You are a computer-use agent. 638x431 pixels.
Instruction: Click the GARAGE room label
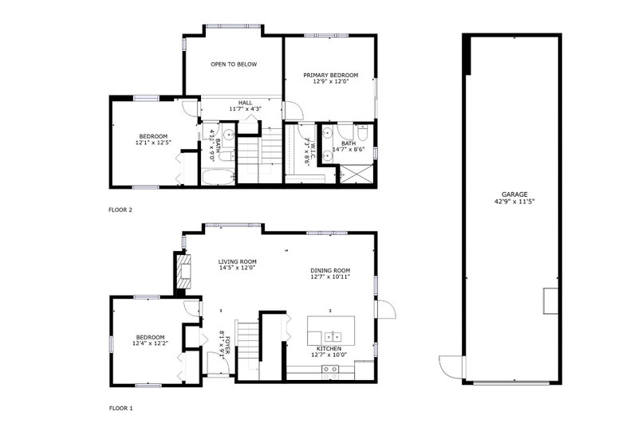click(x=514, y=194)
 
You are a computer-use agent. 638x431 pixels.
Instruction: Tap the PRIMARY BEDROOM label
click(x=331, y=75)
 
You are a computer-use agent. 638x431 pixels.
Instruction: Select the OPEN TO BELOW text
click(x=234, y=65)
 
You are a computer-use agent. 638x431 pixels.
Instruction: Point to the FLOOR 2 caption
click(x=120, y=210)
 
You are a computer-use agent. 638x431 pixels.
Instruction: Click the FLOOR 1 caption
click(x=121, y=408)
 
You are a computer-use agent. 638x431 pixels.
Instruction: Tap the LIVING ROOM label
click(x=237, y=262)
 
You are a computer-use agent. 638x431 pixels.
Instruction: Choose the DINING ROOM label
click(x=330, y=270)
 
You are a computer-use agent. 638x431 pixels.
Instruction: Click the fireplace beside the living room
click(x=184, y=272)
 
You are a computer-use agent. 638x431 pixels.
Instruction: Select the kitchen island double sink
click(x=333, y=337)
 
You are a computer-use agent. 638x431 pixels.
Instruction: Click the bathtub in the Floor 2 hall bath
click(x=219, y=177)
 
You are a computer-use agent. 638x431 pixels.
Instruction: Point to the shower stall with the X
click(x=356, y=174)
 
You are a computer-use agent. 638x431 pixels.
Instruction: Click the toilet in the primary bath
click(x=362, y=132)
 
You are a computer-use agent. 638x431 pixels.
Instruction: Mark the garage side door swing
click(x=451, y=367)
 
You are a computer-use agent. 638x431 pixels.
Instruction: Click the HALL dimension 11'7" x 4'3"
click(x=245, y=109)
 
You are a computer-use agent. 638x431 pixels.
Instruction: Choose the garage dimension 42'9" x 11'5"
click(x=514, y=201)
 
